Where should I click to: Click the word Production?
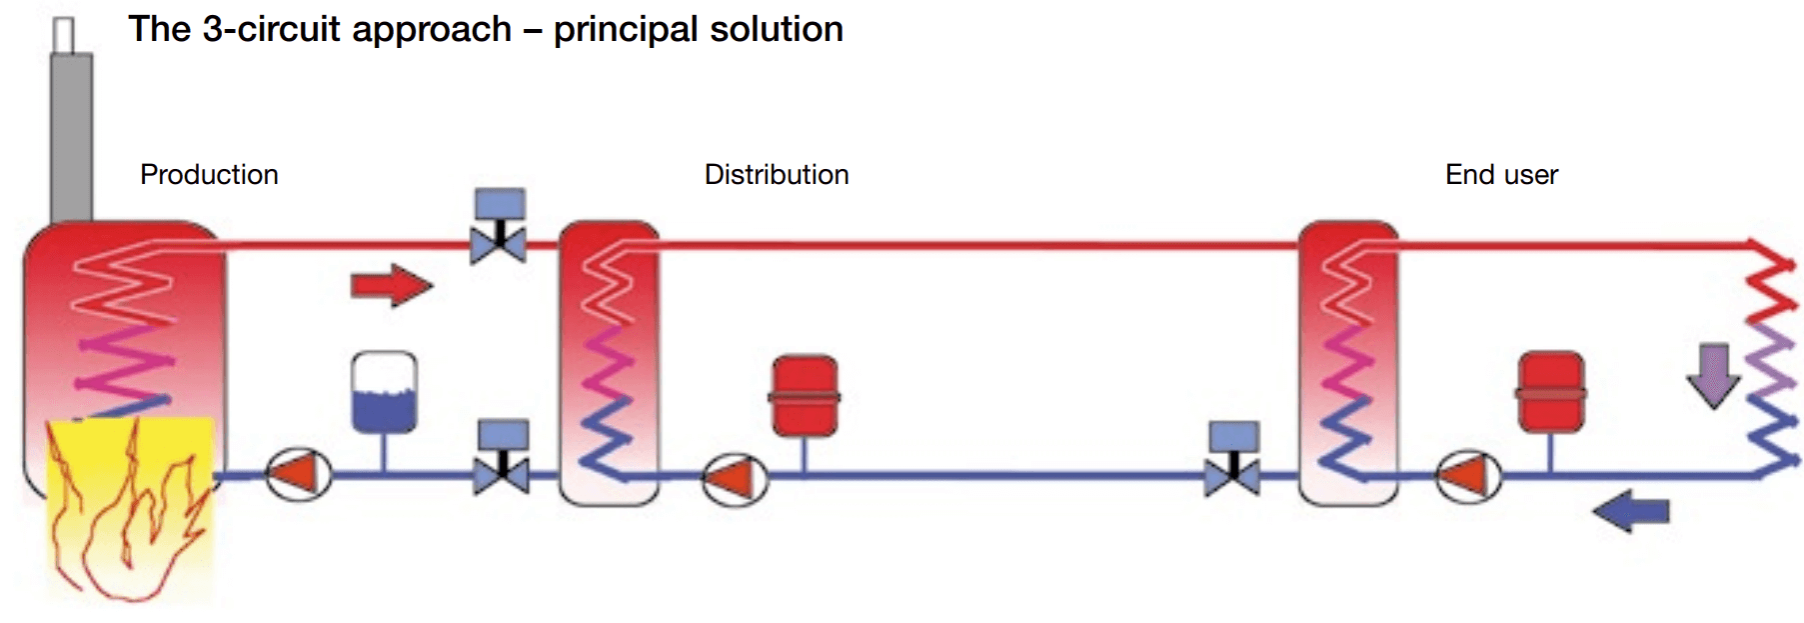[209, 175]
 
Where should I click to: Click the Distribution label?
[777, 175]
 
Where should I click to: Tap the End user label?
[1501, 175]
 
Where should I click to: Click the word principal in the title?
[626, 30]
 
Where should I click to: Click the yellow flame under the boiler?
[130, 510]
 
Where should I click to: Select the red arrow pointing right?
[391, 286]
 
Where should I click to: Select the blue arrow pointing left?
[1631, 512]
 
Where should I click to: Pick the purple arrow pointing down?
[1714, 375]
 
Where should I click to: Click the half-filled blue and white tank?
[385, 392]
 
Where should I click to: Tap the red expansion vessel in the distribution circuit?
[805, 396]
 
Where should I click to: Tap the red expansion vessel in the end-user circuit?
[1550, 392]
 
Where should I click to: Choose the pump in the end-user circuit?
[1468, 477]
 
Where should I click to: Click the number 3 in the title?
[212, 30]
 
